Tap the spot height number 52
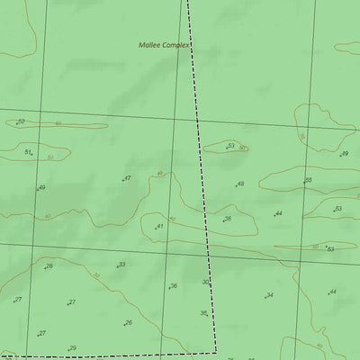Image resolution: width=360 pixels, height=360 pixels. pyautogui.click(x=21, y=121)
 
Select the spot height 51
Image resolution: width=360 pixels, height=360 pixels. pyautogui.click(x=28, y=152)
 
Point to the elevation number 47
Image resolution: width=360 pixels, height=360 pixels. pyautogui.click(x=127, y=178)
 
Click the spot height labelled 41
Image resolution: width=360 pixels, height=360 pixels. pyautogui.click(x=159, y=226)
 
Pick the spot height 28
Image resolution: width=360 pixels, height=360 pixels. pyautogui.click(x=49, y=265)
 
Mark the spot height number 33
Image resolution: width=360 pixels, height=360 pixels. pyautogui.click(x=121, y=265)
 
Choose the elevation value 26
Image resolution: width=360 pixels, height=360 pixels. pyautogui.click(x=129, y=322)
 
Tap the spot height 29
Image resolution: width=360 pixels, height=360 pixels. pyautogui.click(x=73, y=347)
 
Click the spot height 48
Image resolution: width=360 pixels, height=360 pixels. pyautogui.click(x=240, y=184)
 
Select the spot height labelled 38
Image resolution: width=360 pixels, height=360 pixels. pyautogui.click(x=228, y=219)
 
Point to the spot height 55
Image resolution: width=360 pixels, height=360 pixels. pyautogui.click(x=308, y=180)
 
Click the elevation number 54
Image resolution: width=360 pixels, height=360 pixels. pyautogui.click(x=330, y=249)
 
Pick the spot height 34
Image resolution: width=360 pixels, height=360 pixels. pyautogui.click(x=269, y=295)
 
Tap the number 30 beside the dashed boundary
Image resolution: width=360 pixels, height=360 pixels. pyautogui.click(x=205, y=282)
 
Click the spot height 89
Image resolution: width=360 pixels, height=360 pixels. pyautogui.click(x=344, y=154)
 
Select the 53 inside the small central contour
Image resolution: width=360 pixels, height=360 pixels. pyautogui.click(x=231, y=145)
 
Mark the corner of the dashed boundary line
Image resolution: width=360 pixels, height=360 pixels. pyautogui.click(x=216, y=351)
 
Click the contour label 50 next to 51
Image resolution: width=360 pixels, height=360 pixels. pyautogui.click(x=49, y=157)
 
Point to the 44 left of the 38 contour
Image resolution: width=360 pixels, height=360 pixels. pyautogui.click(x=279, y=213)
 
